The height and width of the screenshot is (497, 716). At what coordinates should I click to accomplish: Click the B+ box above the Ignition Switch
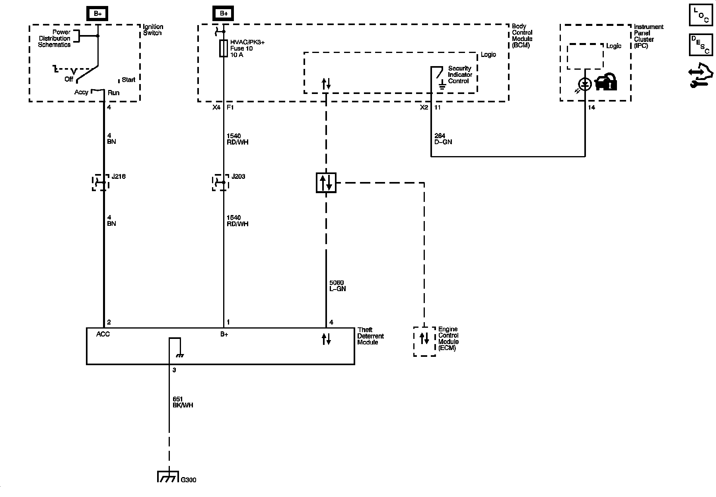[97, 13]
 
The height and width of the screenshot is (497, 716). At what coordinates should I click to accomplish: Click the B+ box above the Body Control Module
[224, 13]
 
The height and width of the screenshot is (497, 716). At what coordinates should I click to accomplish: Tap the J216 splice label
[119, 176]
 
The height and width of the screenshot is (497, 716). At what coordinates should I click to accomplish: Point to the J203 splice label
[238, 176]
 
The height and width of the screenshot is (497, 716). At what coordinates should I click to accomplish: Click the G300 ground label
[189, 480]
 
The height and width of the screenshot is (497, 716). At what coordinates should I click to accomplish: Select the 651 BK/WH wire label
[183, 402]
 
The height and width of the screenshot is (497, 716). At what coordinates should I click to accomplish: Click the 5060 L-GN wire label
[337, 286]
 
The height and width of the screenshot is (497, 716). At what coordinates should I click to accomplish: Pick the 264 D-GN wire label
[443, 139]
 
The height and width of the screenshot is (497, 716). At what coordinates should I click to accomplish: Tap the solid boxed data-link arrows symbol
[326, 183]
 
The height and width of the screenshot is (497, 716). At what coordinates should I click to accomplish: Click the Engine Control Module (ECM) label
[448, 339]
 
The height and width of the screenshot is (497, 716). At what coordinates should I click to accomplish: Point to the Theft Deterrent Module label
[370, 336]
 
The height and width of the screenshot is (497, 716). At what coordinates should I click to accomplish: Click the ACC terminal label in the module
[103, 334]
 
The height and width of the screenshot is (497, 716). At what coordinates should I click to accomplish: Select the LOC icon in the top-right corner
[701, 16]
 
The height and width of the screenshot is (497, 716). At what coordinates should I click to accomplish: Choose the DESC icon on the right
[701, 45]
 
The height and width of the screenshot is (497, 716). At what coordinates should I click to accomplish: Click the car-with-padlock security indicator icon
[606, 82]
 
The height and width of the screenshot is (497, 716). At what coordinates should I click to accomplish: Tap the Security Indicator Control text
[460, 74]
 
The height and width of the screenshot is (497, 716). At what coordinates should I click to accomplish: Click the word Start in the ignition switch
[128, 80]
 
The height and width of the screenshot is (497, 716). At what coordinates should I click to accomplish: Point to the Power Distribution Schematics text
[54, 38]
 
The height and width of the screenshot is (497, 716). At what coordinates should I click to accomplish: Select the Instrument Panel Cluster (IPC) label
[648, 36]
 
